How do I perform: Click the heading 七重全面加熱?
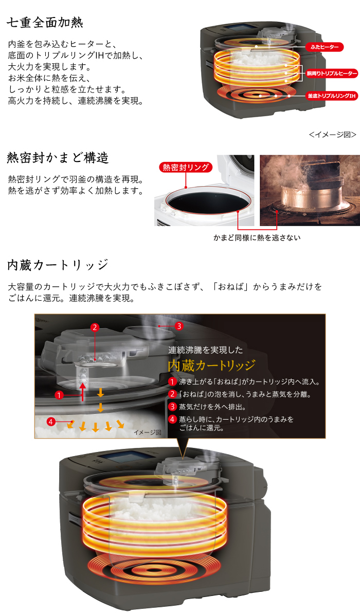coord(45,23)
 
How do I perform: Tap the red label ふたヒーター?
coord(325,47)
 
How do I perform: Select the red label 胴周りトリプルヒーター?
coord(332,74)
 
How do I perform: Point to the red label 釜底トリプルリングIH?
coord(332,96)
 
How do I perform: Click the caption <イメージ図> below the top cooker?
coord(333,135)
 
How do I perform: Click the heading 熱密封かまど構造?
coord(58,158)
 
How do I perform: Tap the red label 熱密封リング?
coord(186,167)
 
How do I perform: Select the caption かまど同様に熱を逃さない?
coord(257,238)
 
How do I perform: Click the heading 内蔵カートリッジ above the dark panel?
coord(58,265)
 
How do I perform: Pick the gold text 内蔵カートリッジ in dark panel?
coord(212,366)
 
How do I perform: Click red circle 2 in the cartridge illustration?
coord(95,327)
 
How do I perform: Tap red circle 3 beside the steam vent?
coord(179,326)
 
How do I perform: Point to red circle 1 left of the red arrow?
coord(59,395)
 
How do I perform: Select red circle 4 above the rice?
coord(51,422)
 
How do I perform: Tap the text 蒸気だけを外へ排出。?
coord(212,407)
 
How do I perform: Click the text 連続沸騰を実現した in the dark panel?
coord(206,350)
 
